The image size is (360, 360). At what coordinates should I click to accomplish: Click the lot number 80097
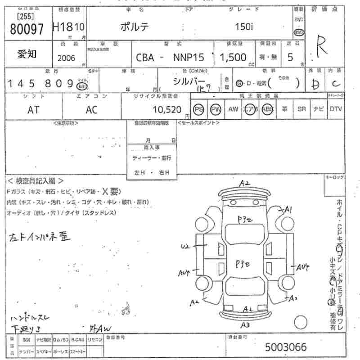27,29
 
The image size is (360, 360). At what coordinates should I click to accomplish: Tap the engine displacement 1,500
233,57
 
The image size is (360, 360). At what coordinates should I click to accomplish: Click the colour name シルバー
189,81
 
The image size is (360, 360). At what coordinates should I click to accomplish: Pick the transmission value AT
33,109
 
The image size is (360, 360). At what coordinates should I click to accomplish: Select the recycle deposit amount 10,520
167,109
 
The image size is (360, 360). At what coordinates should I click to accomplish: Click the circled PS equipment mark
198,109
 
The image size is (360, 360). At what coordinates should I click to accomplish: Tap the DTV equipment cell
336,109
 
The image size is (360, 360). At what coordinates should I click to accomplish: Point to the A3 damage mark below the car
245,325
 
